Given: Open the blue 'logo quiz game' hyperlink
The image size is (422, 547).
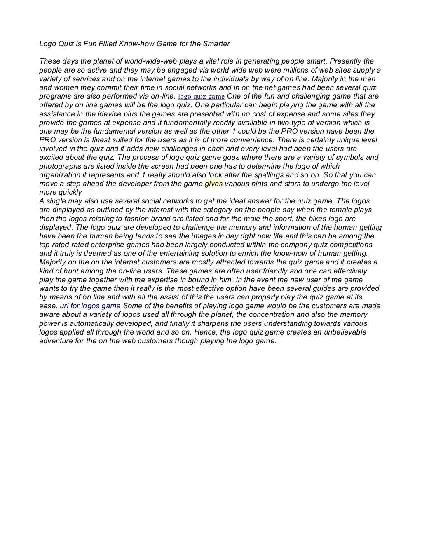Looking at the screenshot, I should coord(201,97).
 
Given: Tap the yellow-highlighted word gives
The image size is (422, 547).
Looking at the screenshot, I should coord(213,184).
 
